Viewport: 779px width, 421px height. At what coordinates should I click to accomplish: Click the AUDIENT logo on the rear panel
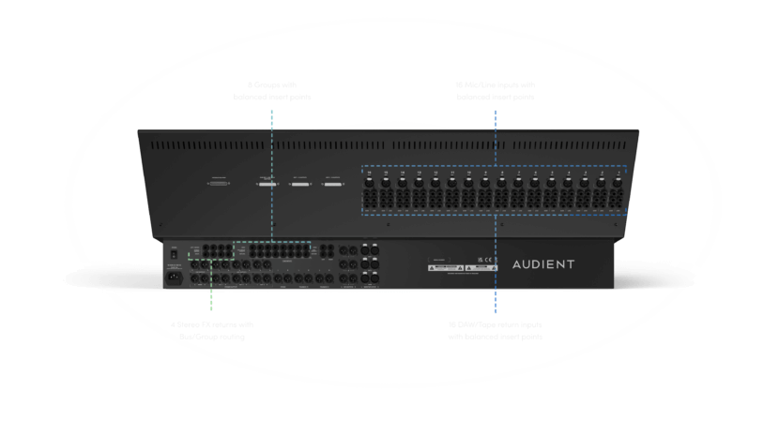[542, 264]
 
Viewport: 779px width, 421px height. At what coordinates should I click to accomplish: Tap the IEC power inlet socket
[174, 276]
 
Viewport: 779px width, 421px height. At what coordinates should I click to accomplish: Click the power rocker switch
[174, 252]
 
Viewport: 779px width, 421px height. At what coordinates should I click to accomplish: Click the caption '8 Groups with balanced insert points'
[270, 91]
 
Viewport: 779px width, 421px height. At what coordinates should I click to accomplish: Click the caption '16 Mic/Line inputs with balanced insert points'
[495, 91]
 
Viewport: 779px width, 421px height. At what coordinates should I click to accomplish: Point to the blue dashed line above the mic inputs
[495, 136]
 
